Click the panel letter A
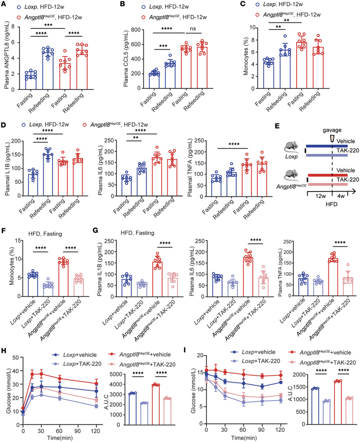(4, 4)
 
